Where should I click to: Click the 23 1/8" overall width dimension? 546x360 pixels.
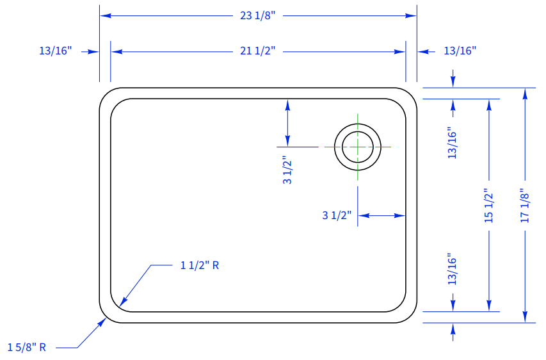coord(258,15)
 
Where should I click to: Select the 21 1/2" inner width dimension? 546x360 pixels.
coord(258,51)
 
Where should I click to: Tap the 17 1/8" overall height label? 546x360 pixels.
coord(525,206)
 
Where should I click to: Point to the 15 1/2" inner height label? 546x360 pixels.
coord(489,206)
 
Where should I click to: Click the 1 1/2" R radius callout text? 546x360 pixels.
coord(200,266)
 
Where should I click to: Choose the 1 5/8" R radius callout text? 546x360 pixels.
coord(27,347)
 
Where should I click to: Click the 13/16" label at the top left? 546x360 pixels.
coord(55,51)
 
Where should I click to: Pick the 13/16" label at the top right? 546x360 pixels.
coord(460,51)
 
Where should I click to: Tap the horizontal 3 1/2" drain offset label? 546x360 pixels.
coord(337,215)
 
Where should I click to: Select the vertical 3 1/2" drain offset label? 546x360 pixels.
coord(287,170)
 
